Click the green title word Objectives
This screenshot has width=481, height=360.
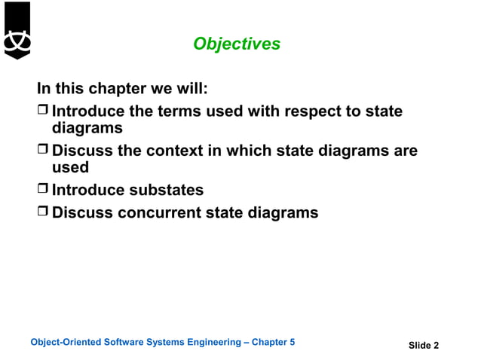pos(237,44)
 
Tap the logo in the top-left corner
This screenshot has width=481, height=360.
pos(17,30)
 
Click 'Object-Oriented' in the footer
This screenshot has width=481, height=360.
pos(63,343)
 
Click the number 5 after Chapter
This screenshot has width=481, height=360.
pos(293,343)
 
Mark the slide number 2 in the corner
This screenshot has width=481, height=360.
pos(435,346)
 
